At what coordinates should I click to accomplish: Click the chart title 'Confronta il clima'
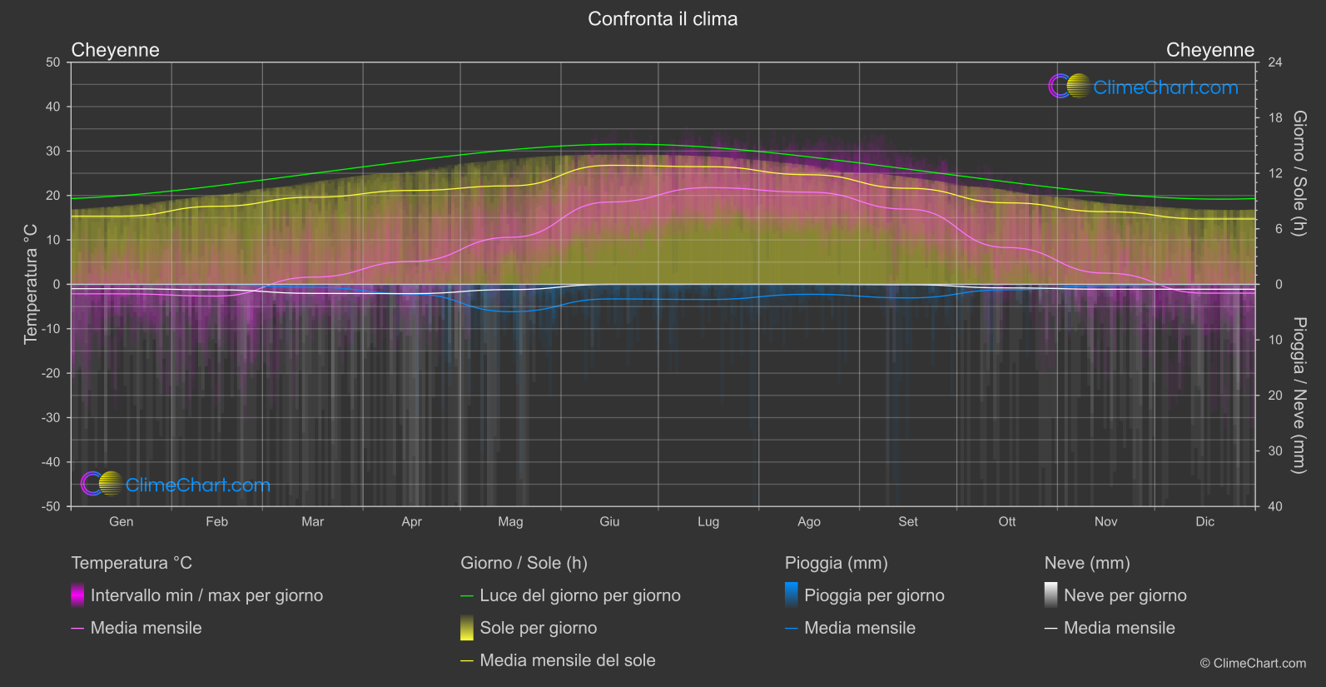click(663, 19)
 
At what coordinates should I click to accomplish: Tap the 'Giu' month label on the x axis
click(609, 521)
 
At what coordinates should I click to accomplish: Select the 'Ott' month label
click(1006, 521)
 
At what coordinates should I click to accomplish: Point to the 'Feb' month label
click(216, 521)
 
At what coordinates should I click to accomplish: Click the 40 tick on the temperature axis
click(52, 107)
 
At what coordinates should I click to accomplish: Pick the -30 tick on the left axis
click(51, 417)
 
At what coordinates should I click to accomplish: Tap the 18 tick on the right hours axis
click(1275, 117)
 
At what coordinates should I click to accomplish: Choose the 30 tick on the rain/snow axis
click(1275, 451)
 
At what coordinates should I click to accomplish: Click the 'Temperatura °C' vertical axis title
click(31, 284)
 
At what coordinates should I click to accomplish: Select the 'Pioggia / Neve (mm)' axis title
click(1299, 396)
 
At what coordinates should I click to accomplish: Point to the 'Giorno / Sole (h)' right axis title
click(1299, 173)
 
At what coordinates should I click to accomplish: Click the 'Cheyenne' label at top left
click(115, 50)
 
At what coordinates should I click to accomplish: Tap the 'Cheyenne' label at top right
click(1209, 50)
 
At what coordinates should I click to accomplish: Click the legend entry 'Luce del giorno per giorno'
click(579, 595)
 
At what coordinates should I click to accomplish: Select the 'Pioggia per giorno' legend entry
click(873, 595)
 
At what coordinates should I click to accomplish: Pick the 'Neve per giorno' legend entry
click(1125, 595)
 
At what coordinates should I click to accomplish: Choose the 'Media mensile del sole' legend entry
click(567, 660)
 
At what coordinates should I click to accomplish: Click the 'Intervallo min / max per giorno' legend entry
click(206, 595)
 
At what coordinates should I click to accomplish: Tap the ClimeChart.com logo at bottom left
click(176, 485)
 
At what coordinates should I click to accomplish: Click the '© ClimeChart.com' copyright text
click(1253, 663)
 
